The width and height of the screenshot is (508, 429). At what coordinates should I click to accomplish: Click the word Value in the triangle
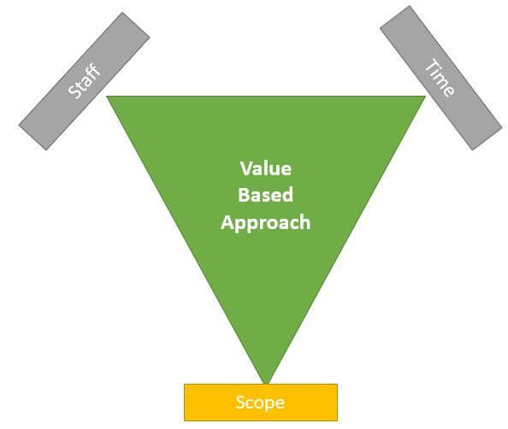tap(266, 168)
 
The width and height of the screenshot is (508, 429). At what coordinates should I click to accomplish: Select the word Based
tap(266, 195)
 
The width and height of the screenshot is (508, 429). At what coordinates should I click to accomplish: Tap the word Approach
tap(266, 223)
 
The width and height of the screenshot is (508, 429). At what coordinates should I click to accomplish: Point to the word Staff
tap(84, 80)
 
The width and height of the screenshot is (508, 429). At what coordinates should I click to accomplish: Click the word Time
tap(440, 78)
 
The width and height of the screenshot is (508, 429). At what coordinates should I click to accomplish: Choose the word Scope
tap(261, 403)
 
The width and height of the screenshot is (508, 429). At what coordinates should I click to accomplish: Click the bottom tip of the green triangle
tap(266, 384)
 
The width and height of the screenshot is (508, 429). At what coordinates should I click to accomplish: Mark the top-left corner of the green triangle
tap(107, 97)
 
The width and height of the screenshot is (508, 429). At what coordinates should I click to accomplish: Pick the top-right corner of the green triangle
tap(425, 97)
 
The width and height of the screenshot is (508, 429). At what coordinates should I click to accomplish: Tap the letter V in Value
tap(245, 168)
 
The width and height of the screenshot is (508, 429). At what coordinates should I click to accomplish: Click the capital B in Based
tap(244, 195)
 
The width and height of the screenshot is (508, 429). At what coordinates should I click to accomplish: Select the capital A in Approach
tap(227, 222)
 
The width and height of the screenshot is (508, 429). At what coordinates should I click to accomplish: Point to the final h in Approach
tap(305, 222)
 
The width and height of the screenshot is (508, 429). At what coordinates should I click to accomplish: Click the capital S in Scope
tap(240, 403)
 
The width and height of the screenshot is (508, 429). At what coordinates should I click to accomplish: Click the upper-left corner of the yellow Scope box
tap(185, 385)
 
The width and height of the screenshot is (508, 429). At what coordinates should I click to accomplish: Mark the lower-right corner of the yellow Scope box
tap(337, 420)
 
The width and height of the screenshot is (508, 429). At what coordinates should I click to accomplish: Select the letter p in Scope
tap(269, 405)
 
